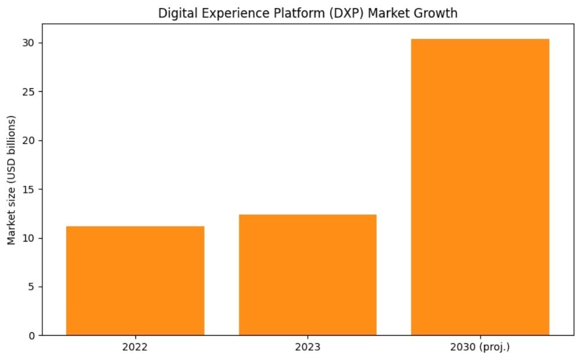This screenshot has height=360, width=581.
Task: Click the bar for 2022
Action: [x=135, y=280]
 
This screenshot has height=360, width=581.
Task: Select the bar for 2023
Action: [x=307, y=275]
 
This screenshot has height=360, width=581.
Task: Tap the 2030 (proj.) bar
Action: [x=480, y=187]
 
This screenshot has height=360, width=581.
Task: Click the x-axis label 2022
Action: [x=135, y=347]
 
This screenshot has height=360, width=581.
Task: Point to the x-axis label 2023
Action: [x=307, y=347]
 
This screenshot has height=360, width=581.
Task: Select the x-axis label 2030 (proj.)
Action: [x=480, y=347]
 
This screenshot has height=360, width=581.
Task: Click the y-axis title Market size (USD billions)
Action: [x=12, y=180]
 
